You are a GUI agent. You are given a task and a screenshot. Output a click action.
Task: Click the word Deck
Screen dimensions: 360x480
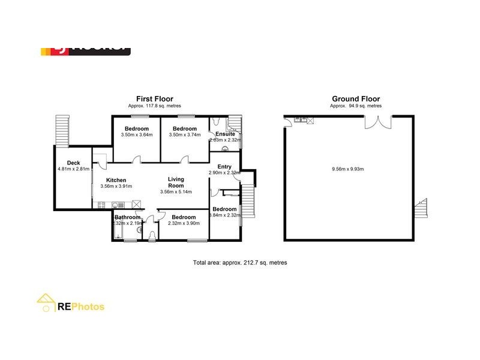click(73, 163)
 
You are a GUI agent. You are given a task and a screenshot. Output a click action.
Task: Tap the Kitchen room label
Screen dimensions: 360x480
click(116, 180)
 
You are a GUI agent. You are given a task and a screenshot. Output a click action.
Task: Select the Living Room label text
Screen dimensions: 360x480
click(175, 182)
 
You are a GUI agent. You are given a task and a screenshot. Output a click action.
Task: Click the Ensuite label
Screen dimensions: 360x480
click(226, 134)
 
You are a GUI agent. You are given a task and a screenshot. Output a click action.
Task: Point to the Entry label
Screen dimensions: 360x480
click(224, 167)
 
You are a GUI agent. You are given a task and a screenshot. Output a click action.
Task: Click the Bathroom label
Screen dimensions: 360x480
click(127, 217)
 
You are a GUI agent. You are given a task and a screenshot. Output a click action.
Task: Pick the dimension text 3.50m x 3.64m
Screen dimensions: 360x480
click(137, 135)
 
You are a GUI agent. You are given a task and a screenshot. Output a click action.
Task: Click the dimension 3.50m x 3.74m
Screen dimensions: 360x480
click(184, 135)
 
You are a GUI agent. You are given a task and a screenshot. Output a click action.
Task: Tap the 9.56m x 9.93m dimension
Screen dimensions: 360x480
click(347, 169)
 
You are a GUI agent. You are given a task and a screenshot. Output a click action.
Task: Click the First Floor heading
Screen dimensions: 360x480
click(154, 99)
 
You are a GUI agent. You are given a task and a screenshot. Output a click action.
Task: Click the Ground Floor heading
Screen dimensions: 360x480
click(356, 99)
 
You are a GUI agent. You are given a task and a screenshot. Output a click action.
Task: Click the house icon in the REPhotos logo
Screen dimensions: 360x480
click(46, 304)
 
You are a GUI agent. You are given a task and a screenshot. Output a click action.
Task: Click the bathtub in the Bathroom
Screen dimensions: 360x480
click(117, 230)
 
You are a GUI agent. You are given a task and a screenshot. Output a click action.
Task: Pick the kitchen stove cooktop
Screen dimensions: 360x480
click(100, 204)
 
